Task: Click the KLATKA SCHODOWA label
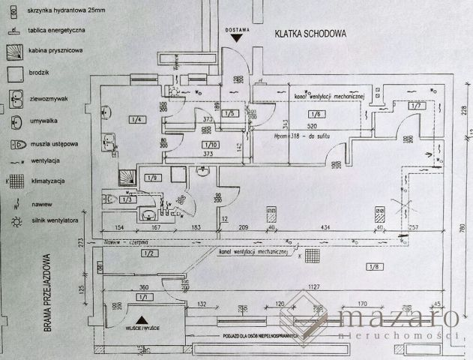[x=309, y=34]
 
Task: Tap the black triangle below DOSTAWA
[x=238, y=37]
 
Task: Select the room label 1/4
[x=136, y=119]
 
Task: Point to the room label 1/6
[x=315, y=113]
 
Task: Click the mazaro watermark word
[x=397, y=319]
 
